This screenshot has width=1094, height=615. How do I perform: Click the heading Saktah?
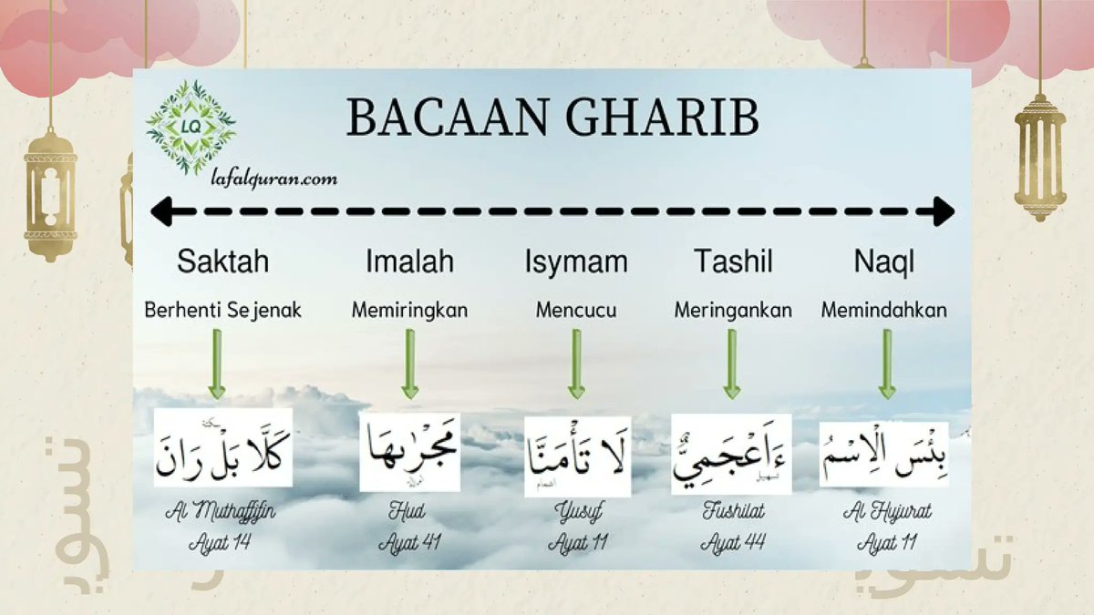point(222,263)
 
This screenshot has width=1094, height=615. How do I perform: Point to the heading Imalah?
point(409,263)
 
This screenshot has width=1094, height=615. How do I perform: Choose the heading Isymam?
point(576,263)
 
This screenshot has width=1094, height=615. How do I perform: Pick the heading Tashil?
point(733,263)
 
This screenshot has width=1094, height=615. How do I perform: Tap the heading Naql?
point(884,263)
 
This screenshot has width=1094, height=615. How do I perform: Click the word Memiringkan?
point(409,311)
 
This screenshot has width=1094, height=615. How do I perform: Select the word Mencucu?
point(576,311)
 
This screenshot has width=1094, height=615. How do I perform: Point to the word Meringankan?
point(733,311)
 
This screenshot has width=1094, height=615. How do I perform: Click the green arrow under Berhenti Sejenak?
point(217,363)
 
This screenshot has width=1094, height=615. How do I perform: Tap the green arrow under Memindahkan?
point(886,363)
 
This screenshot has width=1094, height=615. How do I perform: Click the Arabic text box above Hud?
point(409,453)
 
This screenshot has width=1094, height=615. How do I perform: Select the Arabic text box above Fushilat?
point(731,454)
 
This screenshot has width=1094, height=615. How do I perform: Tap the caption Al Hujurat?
point(888,513)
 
